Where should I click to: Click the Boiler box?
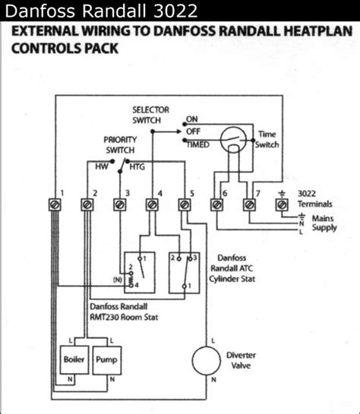(74, 359)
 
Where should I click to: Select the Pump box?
(107, 359)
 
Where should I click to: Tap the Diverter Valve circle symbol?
(206, 360)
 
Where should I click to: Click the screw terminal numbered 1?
(55, 204)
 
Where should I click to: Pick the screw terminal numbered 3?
(120, 204)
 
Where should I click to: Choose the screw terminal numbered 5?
(185, 204)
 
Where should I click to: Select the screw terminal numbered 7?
(249, 204)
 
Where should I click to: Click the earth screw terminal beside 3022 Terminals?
(282, 204)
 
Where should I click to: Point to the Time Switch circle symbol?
(233, 140)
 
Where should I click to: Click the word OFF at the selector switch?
(193, 131)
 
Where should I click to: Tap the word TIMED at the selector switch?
(198, 144)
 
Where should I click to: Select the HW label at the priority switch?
(102, 166)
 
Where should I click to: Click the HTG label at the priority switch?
(137, 167)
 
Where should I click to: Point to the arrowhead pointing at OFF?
(178, 131)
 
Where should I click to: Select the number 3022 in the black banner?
(175, 11)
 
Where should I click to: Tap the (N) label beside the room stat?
(118, 280)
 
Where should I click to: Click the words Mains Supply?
(324, 223)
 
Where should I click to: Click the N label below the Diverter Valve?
(213, 380)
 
